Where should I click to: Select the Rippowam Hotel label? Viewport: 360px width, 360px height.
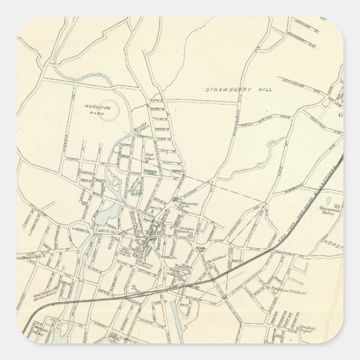coord(337,213)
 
